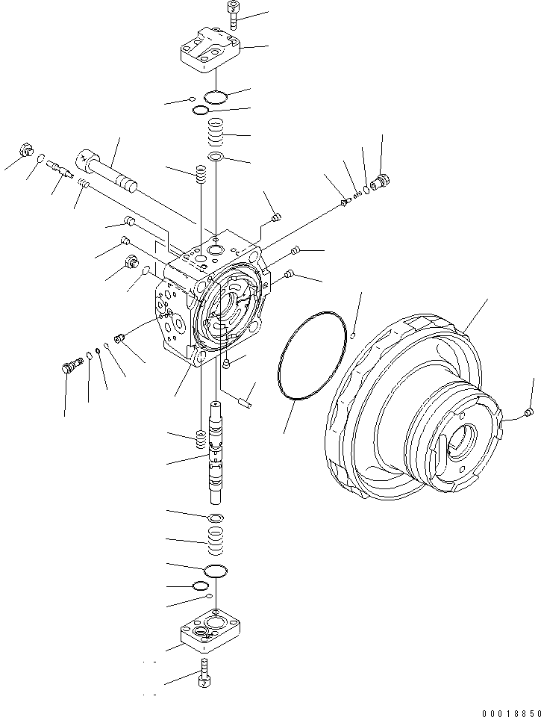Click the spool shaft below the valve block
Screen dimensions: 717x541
pos(216,455)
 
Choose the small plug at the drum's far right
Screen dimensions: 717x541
pos(528,412)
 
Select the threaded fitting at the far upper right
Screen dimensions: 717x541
pos(381,181)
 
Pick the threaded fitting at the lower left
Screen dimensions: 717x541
pos(70,366)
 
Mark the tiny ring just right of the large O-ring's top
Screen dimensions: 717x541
pos(353,335)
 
